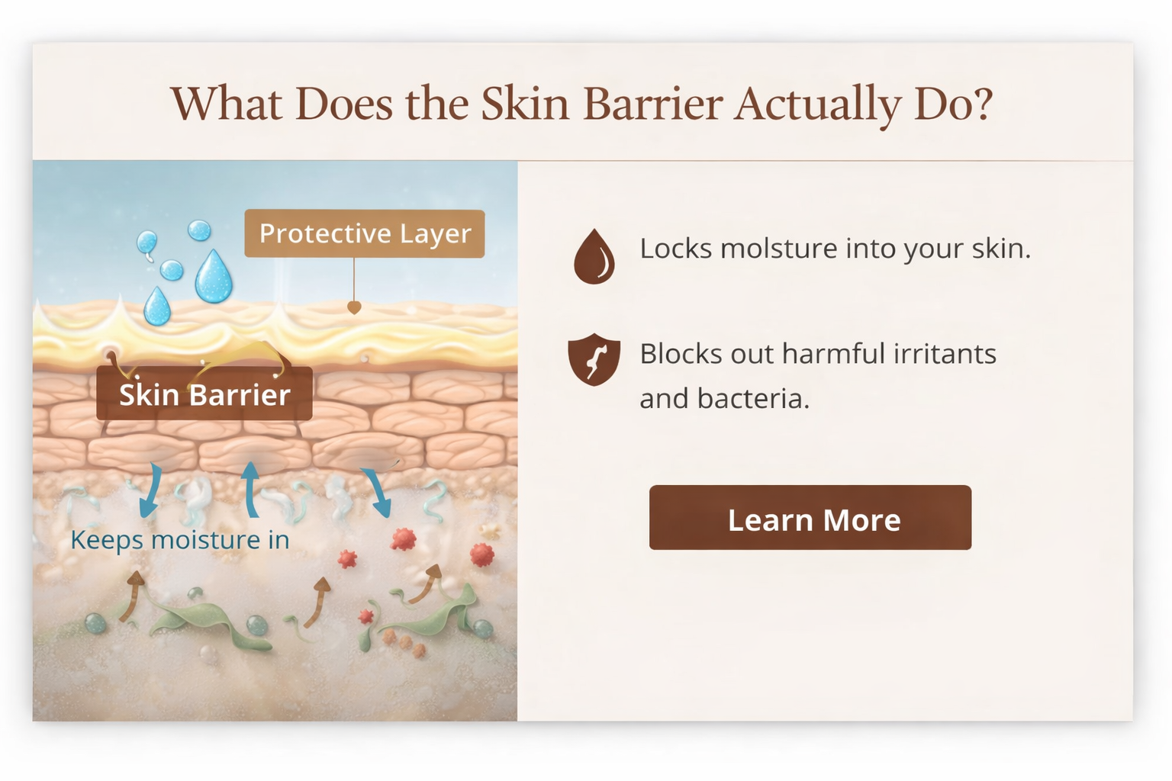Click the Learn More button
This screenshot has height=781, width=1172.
pos(810,518)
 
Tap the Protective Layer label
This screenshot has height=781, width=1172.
pos(364,233)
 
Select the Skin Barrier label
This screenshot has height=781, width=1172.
pos(204,394)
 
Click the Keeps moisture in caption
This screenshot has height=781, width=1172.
pos(180,540)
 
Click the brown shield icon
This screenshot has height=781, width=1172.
pos(594,359)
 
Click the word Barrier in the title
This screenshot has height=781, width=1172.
pos(652,104)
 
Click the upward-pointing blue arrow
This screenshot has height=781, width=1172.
pos(250,489)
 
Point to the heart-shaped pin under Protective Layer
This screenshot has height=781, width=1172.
pos(354,307)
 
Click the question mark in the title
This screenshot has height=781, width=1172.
pos(983,104)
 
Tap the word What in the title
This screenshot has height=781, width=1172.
pos(226,104)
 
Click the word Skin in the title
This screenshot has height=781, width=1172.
pos(525,104)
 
